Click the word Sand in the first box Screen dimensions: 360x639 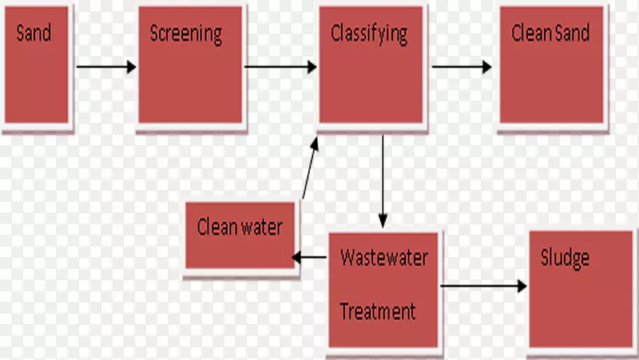click(x=34, y=34)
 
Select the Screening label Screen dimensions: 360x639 click(x=185, y=34)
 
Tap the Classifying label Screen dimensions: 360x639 click(x=369, y=34)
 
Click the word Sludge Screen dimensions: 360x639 click(x=565, y=258)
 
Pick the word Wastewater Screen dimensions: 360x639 click(x=384, y=258)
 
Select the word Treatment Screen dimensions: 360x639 click(x=378, y=311)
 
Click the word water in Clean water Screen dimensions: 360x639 click(x=261, y=227)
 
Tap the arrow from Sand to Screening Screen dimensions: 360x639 click(x=106, y=67)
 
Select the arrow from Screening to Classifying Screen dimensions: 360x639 click(x=280, y=67)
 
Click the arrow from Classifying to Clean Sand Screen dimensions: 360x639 click(x=462, y=67)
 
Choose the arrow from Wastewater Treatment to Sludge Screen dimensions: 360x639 click(x=483, y=285)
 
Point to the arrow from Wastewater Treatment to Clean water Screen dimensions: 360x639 click(x=310, y=257)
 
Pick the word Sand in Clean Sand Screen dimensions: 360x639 click(x=573, y=34)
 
